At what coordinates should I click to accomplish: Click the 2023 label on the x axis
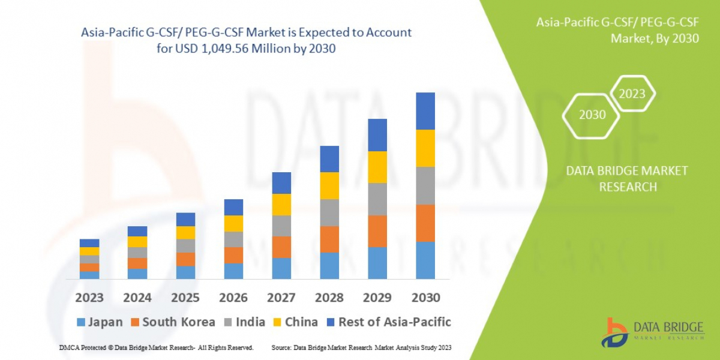(x=89, y=298)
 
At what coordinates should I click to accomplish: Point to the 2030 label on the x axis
(x=425, y=298)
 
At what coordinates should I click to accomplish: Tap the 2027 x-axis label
(x=281, y=298)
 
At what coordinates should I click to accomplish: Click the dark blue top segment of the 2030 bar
(x=425, y=111)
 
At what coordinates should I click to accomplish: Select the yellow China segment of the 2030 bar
(x=425, y=148)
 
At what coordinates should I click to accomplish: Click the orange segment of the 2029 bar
(x=377, y=231)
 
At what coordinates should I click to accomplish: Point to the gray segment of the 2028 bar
(x=329, y=212)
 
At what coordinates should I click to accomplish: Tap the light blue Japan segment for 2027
(x=281, y=268)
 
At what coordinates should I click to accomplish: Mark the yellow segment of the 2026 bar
(x=233, y=223)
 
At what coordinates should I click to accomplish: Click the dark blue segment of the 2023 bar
(x=89, y=243)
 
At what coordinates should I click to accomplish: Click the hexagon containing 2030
(x=592, y=114)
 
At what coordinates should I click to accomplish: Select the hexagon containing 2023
(x=632, y=94)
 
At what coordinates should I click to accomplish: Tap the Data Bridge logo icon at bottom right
(x=614, y=332)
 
